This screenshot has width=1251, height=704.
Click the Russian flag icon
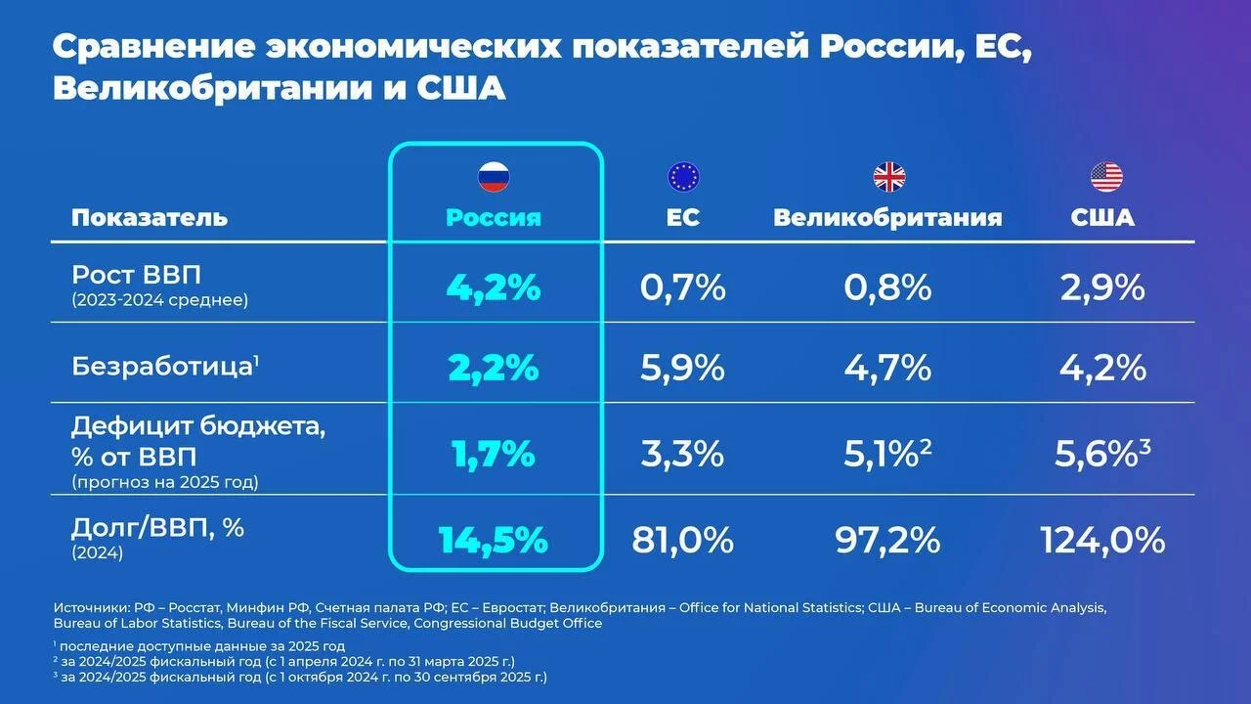tap(494, 177)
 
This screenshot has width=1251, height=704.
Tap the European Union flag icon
tap(683, 177)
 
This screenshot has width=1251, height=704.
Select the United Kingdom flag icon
tap(889, 177)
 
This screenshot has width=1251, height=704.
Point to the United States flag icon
tap(1106, 177)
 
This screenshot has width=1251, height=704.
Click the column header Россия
tap(494, 217)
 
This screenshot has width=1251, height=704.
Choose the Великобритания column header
tap(887, 217)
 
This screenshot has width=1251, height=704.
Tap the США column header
tap(1102, 217)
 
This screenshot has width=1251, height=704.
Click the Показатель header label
tap(150, 217)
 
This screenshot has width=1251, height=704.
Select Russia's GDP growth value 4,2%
tap(494, 288)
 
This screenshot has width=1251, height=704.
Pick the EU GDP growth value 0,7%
tap(682, 288)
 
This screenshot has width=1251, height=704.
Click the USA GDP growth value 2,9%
tap(1102, 288)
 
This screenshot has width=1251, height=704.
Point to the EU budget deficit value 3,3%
tap(682, 454)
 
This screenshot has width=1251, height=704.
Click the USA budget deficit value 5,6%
tap(1097, 454)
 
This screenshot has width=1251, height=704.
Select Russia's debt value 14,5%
tap(494, 541)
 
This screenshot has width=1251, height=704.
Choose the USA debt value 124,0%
tap(1103, 541)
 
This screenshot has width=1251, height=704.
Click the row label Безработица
tap(162, 367)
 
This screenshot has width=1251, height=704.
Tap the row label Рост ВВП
tap(136, 275)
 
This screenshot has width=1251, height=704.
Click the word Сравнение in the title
tap(154, 47)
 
